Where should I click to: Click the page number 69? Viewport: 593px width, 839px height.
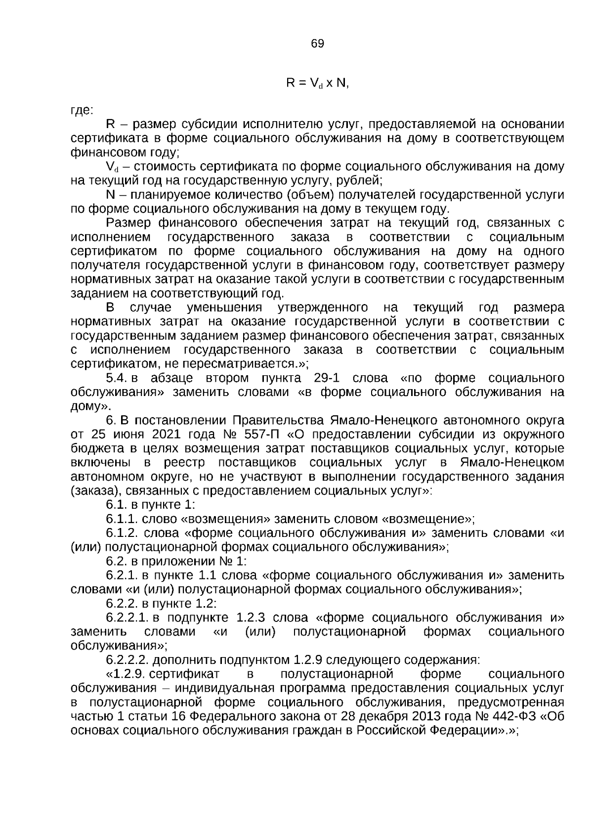[x=318, y=44]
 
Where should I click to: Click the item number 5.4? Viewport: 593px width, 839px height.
[x=117, y=378]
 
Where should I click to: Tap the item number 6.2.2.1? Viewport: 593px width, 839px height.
[x=127, y=618]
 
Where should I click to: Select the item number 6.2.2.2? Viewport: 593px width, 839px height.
[x=127, y=660]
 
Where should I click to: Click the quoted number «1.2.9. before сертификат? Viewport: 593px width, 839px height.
[x=126, y=674]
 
